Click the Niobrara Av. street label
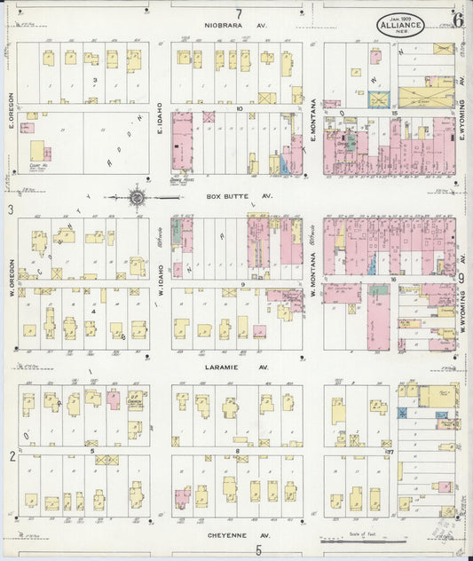(x=236, y=26)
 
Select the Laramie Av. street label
(x=237, y=366)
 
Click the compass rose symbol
(x=138, y=196)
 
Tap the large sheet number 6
(x=457, y=19)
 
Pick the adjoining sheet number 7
(x=238, y=12)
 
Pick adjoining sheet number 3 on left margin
(x=11, y=209)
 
